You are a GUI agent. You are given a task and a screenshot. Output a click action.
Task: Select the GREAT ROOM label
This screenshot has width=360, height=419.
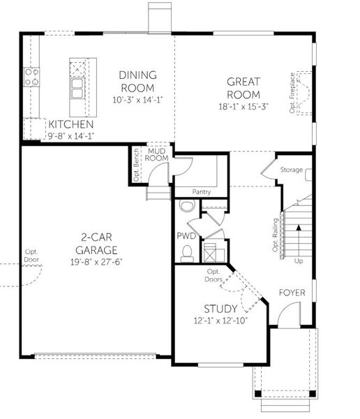click(243, 88)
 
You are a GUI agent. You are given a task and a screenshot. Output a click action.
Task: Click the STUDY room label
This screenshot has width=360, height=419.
click(220, 308)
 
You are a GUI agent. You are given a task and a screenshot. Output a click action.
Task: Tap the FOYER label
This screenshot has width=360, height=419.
click(292, 292)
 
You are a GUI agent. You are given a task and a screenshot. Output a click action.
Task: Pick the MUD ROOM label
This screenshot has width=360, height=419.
click(157, 154)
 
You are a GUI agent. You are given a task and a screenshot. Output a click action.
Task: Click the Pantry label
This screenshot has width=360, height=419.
click(202, 191)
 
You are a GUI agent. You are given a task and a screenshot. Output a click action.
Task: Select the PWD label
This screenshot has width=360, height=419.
click(185, 237)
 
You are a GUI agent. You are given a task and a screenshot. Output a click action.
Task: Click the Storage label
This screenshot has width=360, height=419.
click(291, 170)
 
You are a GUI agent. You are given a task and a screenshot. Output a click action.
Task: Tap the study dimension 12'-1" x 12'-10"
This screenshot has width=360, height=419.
click(220, 320)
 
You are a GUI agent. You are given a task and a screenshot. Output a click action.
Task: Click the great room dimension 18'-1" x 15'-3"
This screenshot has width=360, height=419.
click(243, 107)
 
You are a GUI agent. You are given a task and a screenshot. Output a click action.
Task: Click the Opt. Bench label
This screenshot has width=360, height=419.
click(136, 167)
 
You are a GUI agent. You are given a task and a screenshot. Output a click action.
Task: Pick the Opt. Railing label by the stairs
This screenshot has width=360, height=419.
click(274, 236)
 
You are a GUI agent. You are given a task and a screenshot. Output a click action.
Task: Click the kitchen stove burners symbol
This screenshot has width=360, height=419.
click(31, 76)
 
